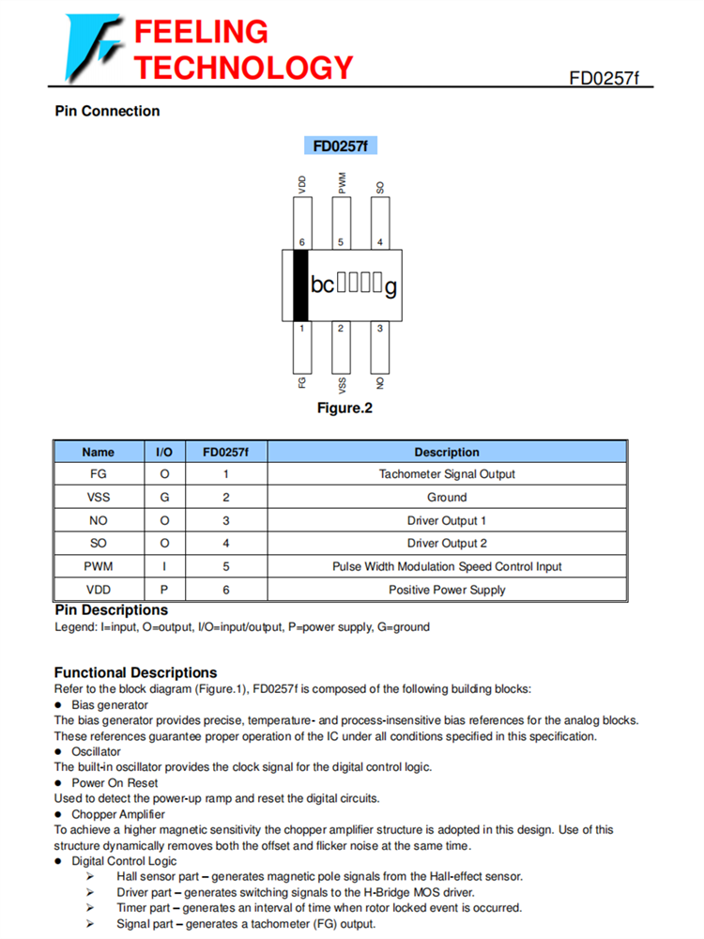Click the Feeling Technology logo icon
tap(94, 48)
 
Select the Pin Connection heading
tap(107, 111)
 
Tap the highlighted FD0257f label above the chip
tap(340, 146)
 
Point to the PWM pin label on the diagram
tap(341, 183)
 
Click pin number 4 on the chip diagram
tap(379, 242)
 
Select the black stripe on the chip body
tap(300, 285)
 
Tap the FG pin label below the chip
tap(301, 384)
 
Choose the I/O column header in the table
tap(163, 452)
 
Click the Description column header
tap(447, 452)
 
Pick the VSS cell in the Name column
tap(99, 498)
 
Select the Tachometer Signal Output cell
tap(447, 474)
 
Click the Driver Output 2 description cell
tap(447, 544)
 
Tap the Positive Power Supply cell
tap(447, 590)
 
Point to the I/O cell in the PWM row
tap(163, 567)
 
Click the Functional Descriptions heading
tap(135, 672)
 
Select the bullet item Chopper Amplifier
tap(118, 814)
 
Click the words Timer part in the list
tap(144, 908)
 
